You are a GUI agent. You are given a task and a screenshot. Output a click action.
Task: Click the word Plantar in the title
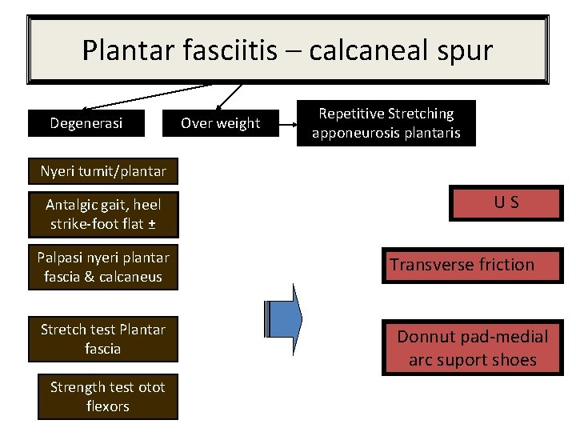coord(121,51)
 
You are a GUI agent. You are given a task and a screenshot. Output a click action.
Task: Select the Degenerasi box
coord(86,123)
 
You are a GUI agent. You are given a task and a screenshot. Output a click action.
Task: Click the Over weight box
coord(220,123)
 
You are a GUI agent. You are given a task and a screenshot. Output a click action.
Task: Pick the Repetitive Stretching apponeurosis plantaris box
coord(386,123)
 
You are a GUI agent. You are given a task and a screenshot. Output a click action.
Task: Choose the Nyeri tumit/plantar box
coord(103,170)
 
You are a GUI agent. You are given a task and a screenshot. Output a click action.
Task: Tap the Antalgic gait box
coord(103,214)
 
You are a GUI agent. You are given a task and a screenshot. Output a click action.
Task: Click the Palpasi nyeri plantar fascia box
coord(103,267)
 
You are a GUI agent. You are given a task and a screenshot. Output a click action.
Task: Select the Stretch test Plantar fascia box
coord(103,339)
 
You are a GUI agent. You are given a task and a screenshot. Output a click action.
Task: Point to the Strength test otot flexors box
coord(108,397)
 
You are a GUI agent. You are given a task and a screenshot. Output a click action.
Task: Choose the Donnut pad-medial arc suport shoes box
coord(472,348)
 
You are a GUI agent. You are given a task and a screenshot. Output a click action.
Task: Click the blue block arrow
coord(284,318)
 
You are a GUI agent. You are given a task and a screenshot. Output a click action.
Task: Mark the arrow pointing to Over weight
coord(230,95)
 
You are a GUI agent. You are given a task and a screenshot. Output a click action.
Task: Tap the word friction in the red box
coord(502,265)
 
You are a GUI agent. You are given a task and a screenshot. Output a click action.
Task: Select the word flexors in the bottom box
coord(108,406)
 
